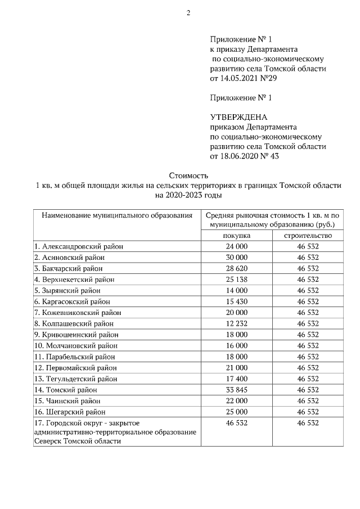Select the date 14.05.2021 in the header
coord(239,78)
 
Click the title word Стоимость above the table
coord(188,175)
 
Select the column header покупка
coord(236,235)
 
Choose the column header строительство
coord(308,235)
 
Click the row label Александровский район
coord(78,246)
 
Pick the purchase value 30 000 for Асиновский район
coord(236,257)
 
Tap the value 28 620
coord(236,268)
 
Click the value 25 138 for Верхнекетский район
coord(236,279)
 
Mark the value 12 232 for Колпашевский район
coord(236,323)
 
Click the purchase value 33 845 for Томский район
coord(236,390)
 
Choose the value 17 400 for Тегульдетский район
coord(236,379)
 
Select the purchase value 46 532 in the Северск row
coord(236,423)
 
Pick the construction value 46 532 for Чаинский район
coord(308,401)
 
